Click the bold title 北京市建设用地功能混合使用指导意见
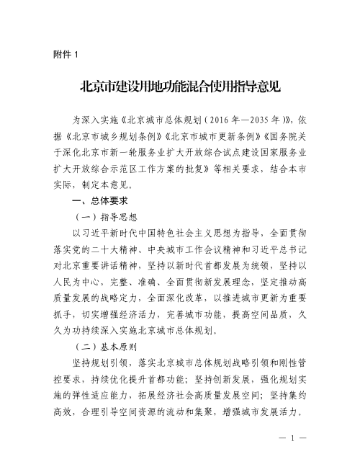(180, 87)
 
